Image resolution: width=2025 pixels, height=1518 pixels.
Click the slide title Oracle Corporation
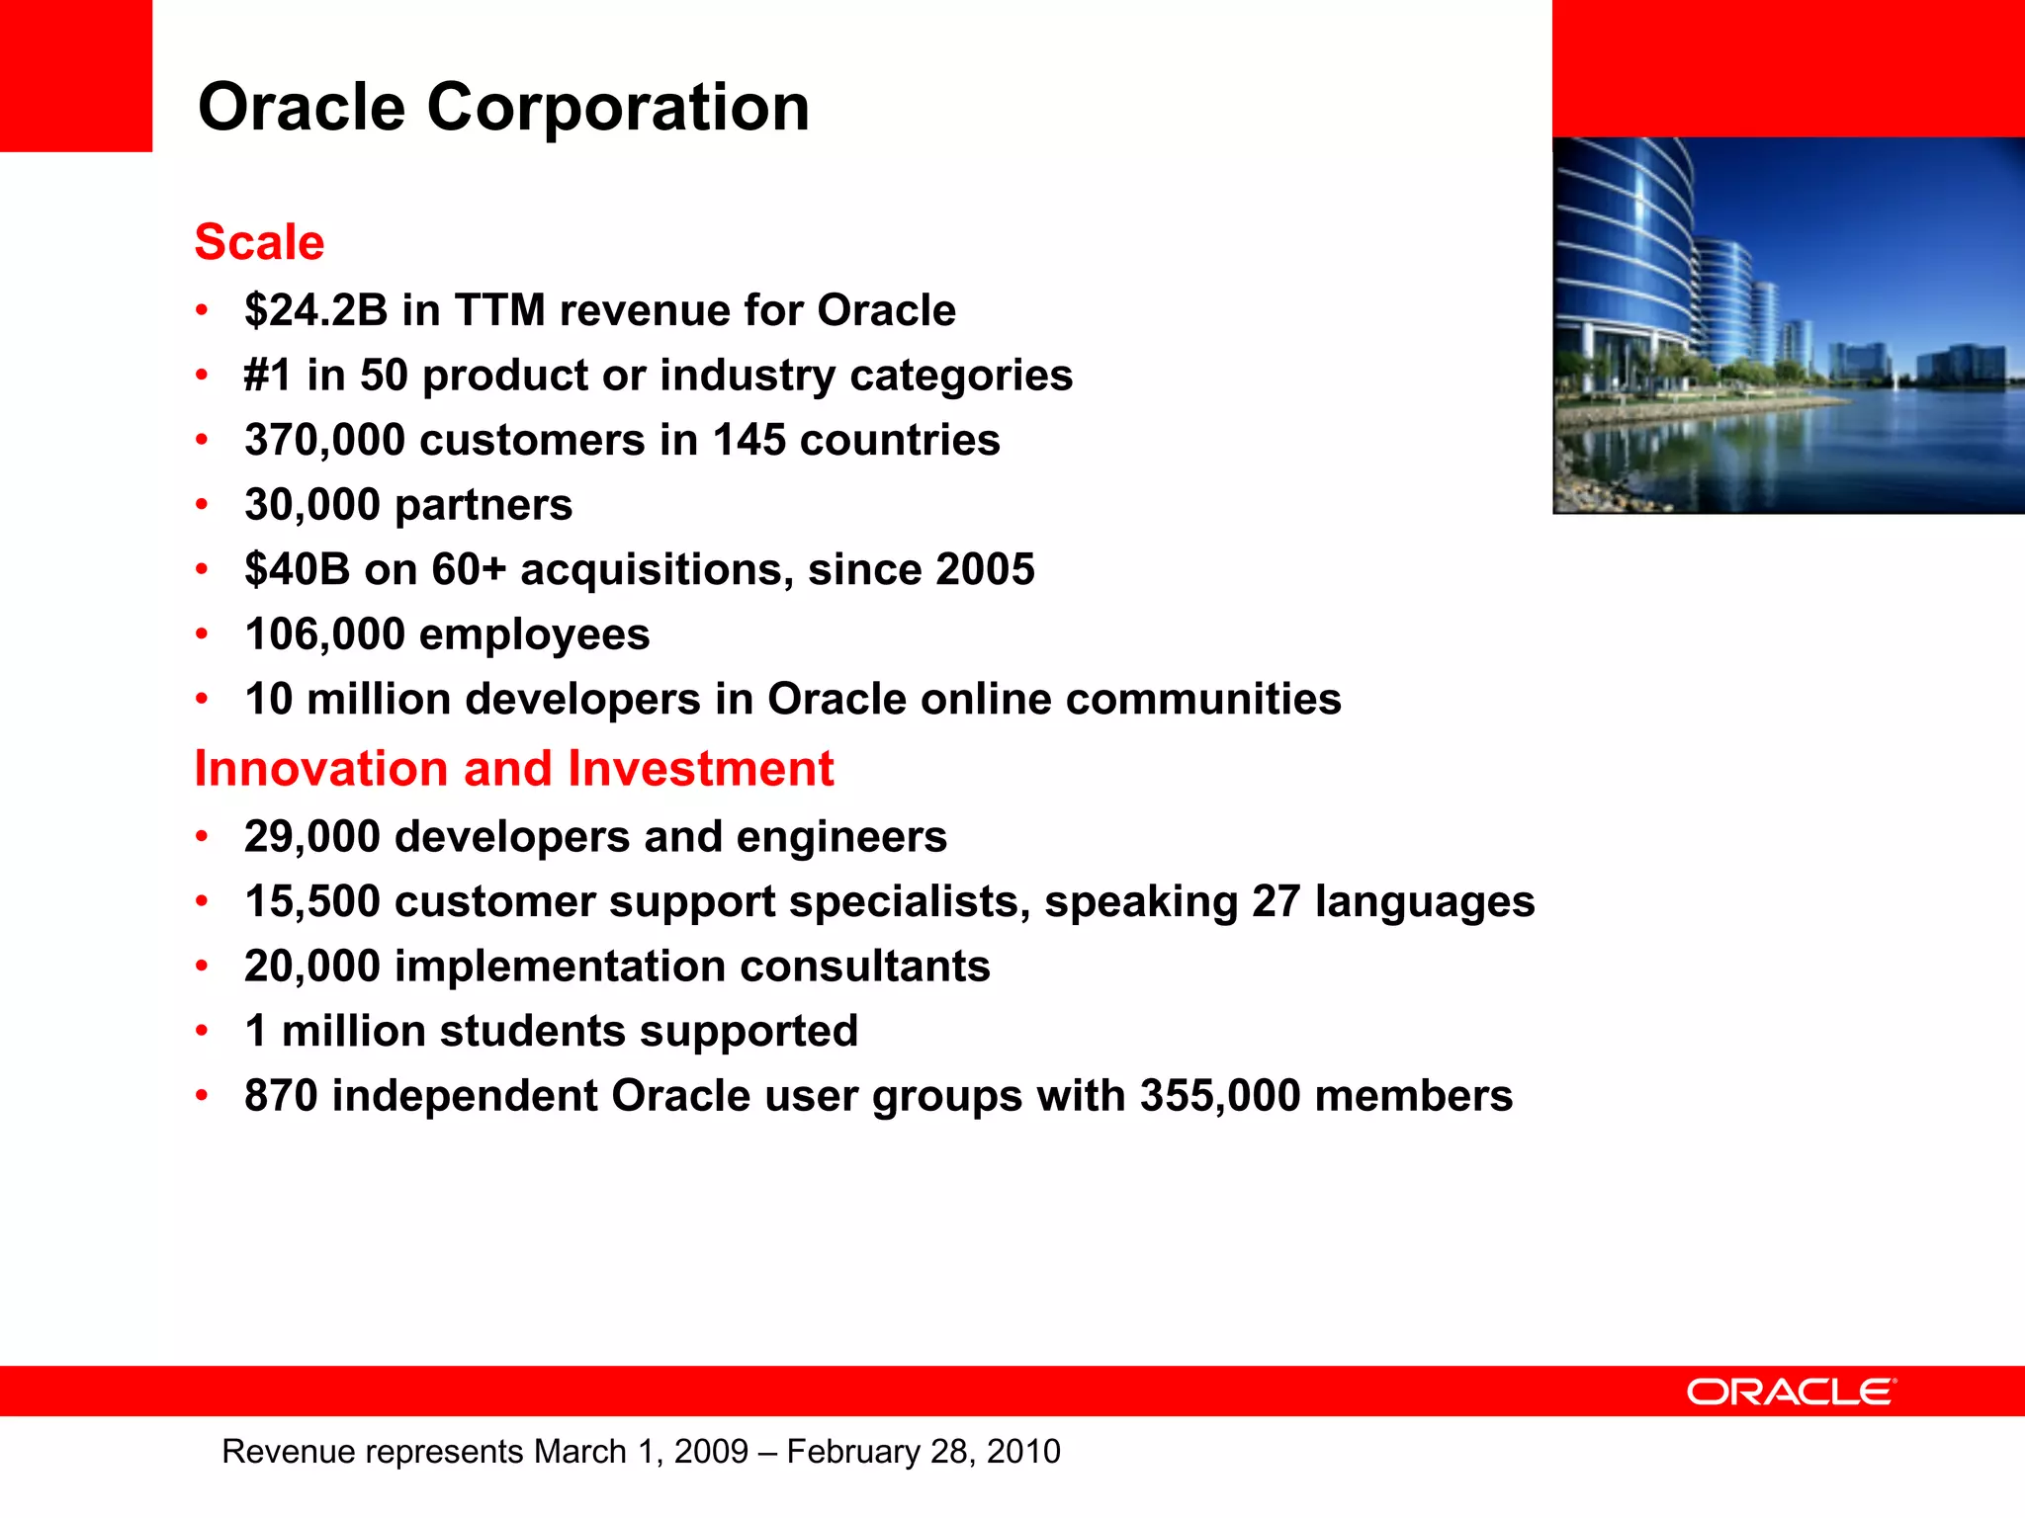point(503,107)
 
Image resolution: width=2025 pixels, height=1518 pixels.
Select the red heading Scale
point(259,242)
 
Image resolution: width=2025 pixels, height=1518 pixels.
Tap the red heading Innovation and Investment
point(513,769)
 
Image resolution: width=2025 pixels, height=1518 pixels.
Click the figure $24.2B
point(316,310)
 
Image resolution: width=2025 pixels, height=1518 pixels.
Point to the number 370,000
point(325,440)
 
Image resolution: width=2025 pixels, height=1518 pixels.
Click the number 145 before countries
point(748,440)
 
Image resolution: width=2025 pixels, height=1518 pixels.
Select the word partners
point(484,505)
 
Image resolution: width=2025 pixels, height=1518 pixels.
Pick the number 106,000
point(325,634)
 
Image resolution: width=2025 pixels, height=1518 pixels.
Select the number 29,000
point(312,837)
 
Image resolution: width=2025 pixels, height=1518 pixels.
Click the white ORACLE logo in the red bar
point(1791,1391)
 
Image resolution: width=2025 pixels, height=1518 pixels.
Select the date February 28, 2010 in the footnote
point(924,1451)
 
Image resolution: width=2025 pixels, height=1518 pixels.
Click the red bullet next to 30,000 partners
point(202,505)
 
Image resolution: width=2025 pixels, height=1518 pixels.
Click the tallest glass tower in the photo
point(1627,257)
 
